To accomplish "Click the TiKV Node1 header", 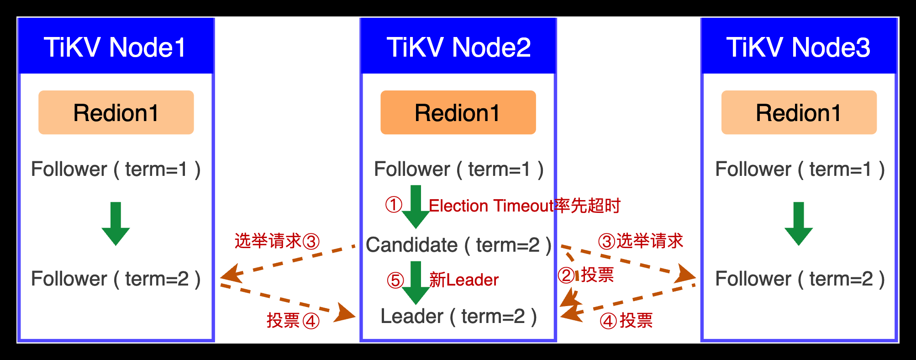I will click(x=116, y=47).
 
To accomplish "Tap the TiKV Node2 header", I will click(x=458, y=47).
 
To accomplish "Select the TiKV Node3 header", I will click(x=798, y=47).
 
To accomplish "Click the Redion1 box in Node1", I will click(x=116, y=112).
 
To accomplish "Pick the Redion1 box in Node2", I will click(x=458, y=112).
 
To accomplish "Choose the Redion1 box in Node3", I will click(x=799, y=112).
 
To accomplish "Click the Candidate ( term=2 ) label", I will click(x=458, y=245).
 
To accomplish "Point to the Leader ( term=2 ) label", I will click(x=458, y=317).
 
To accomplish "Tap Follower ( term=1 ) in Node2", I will click(x=458, y=169).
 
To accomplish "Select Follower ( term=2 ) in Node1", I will click(x=116, y=279).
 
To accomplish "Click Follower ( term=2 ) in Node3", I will click(x=800, y=279).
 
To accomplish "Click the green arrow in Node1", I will click(x=116, y=223).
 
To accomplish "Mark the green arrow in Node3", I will click(x=799, y=223).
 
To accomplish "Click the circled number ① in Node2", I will click(x=394, y=205).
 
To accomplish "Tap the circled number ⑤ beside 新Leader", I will click(x=395, y=281).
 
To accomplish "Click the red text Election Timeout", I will click(x=491, y=206).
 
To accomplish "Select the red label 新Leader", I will click(x=464, y=280).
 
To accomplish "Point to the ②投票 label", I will click(x=586, y=275).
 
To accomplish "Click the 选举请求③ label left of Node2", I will click(x=277, y=241).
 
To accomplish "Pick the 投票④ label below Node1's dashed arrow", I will click(x=293, y=321).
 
